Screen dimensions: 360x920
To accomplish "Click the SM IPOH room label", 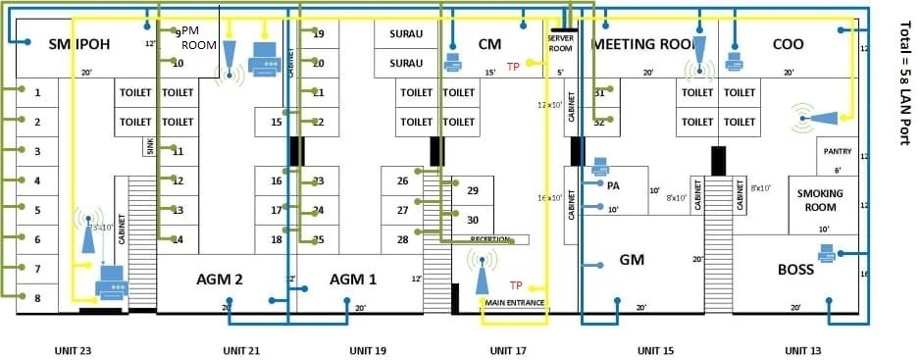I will [66, 44].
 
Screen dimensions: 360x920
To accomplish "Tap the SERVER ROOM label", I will [559, 42].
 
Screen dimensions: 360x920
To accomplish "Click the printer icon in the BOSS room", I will [826, 253].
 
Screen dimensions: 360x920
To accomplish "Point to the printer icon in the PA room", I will [600, 167].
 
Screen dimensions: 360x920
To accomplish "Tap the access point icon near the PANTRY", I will [814, 117].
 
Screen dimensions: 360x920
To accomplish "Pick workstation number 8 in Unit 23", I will [37, 298].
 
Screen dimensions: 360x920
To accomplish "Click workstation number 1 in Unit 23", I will [37, 92].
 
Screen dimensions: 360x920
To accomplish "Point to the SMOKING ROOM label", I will [819, 200].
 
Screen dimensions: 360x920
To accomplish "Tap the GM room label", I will [632, 260].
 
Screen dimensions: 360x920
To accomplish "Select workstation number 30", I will [472, 220].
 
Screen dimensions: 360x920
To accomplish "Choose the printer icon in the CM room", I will [453, 62].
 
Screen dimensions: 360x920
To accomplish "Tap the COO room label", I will [788, 44].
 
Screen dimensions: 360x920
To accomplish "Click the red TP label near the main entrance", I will [516, 284].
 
